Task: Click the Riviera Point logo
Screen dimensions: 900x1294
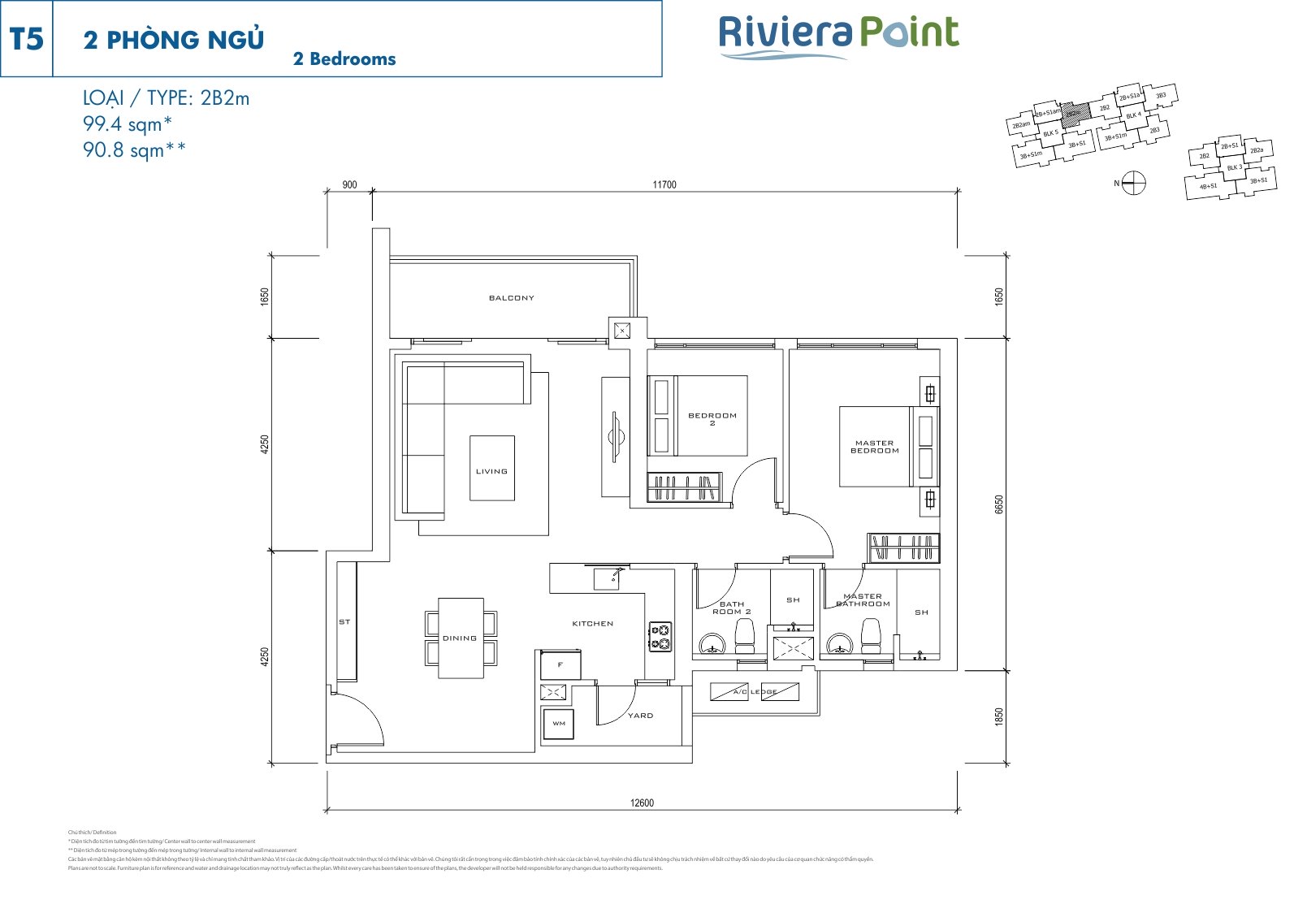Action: pos(838,37)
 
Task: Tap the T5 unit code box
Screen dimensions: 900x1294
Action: pos(27,39)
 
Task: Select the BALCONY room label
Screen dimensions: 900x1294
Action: pos(512,298)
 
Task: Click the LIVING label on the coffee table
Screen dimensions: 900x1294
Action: pos(491,471)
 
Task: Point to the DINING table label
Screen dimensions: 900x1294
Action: pos(460,638)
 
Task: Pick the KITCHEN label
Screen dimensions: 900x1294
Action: pos(593,624)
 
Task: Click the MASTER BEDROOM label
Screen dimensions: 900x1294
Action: pos(875,447)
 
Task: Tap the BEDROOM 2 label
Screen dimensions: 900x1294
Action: pos(712,418)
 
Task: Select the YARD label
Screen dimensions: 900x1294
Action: pos(640,716)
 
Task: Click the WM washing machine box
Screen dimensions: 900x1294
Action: pos(559,723)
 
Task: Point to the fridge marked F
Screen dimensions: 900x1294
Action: pos(560,664)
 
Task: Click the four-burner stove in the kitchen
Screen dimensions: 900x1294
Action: pos(660,636)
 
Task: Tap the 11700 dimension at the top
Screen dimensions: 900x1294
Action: pos(664,184)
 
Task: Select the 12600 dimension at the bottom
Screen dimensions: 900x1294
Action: pos(642,803)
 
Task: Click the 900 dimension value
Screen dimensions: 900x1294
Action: pos(349,184)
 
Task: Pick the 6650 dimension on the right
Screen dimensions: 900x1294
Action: pos(999,504)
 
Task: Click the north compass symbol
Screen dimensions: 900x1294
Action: pos(1134,184)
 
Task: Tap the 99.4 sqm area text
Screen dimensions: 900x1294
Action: pos(128,124)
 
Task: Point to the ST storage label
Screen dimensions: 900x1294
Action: pos(344,622)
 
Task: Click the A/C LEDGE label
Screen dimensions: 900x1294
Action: pos(755,692)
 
